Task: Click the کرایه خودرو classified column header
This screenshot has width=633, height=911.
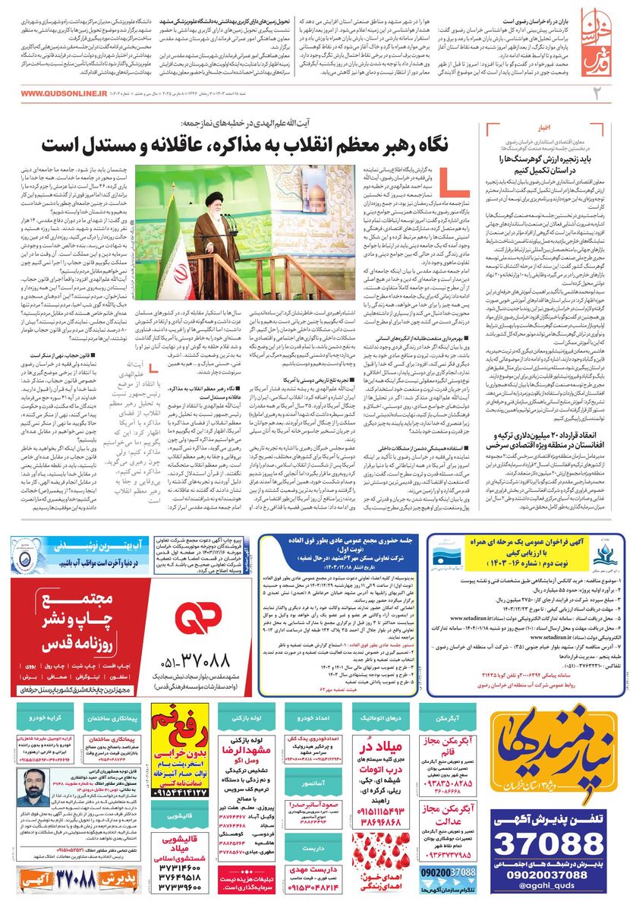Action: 44,716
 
